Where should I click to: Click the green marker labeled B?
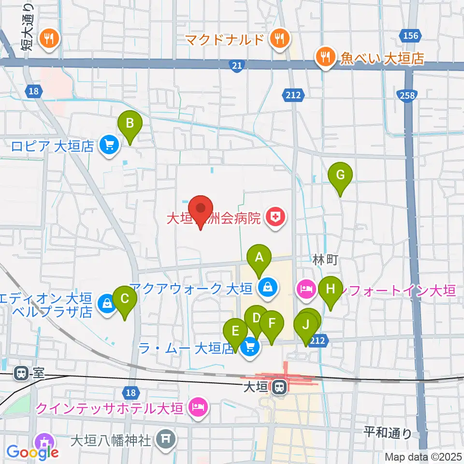click(130, 124)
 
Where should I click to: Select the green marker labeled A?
click(259, 258)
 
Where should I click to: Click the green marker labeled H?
click(331, 290)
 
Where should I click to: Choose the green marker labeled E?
click(235, 332)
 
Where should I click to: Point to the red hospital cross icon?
click(275, 217)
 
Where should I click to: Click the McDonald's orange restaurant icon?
click(279, 39)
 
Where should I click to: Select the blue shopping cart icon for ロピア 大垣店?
click(108, 146)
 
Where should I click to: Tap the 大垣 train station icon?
click(278, 387)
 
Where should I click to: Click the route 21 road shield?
click(235, 67)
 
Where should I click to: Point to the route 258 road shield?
click(407, 96)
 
